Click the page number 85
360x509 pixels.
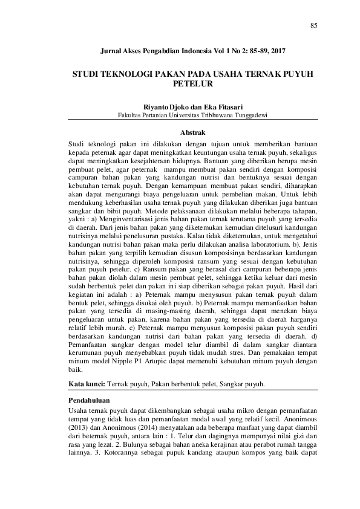[x=313, y=25]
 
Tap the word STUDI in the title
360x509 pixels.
[x=86, y=73]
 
